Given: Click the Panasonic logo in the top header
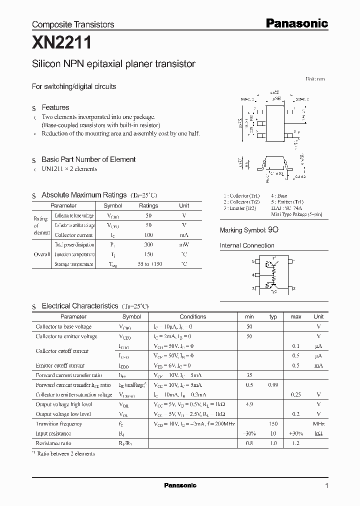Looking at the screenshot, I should tap(296, 23).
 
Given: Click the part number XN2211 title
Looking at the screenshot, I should tap(61, 43).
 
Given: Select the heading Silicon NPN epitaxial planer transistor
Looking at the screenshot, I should tap(113, 64).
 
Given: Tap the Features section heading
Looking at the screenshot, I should tap(55, 107).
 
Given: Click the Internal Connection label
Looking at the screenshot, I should tap(247, 245).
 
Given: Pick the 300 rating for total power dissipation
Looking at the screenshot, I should tap(148, 244).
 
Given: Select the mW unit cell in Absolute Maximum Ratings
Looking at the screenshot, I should tap(184, 244).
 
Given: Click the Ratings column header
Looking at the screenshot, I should tap(148, 205).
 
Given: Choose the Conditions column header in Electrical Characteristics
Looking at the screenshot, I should tap(192, 316).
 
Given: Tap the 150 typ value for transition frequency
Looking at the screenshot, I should tap(273, 423).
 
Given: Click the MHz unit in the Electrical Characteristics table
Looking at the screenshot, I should tap(318, 423).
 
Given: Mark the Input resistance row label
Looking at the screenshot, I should tap(53, 433).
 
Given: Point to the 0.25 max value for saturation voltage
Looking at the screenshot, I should tap(296, 394).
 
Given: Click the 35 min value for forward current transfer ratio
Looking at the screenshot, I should tap(249, 375).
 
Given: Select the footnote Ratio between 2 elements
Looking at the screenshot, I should tap(66, 453).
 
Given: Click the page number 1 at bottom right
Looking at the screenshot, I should tap(326, 485).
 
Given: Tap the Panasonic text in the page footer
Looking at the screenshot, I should tap(180, 485).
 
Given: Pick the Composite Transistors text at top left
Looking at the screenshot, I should tap(73, 24).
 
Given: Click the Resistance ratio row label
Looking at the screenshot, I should tap(53, 443).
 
